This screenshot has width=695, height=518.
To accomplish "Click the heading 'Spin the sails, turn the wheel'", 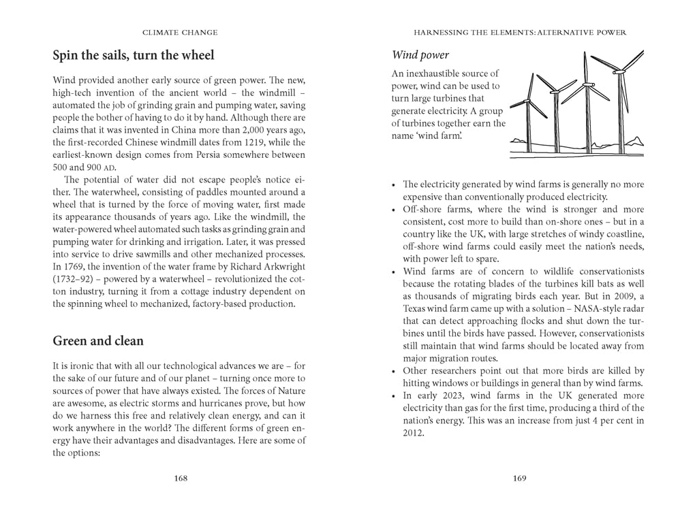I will click(134, 55).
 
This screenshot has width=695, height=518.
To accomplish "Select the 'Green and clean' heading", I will click(98, 340).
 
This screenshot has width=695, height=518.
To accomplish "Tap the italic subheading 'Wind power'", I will click(420, 54).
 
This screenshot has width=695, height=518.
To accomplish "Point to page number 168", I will click(181, 479).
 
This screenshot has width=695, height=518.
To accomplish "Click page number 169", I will click(519, 479).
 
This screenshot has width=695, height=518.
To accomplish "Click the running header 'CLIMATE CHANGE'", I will click(180, 32).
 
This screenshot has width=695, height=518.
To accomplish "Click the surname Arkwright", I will click(280, 266).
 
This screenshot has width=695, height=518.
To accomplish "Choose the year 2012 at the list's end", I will click(413, 432).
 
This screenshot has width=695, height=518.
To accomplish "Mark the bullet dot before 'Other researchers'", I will click(394, 372).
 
